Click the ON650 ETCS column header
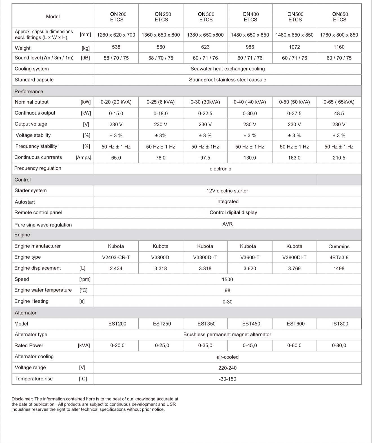pyautogui.click(x=340, y=17)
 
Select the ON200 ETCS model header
pyautogui.click(x=117, y=17)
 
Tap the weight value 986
pyautogui.click(x=250, y=47)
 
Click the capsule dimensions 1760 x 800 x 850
pyautogui.click(x=339, y=35)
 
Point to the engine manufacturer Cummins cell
pyautogui.click(x=339, y=247)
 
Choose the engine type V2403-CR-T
pyautogui.click(x=116, y=257)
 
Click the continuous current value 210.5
pyautogui.click(x=339, y=158)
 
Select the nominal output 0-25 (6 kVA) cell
pyautogui.click(x=161, y=102)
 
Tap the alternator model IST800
pyautogui.click(x=340, y=324)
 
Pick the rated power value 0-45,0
pyautogui.click(x=250, y=345)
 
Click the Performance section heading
pyautogui.click(x=29, y=92)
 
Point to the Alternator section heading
pyautogui.click(x=26, y=313)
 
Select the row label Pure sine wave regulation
pyautogui.click(x=43, y=225)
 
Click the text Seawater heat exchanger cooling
pyautogui.click(x=228, y=69)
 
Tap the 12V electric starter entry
pyautogui.click(x=227, y=191)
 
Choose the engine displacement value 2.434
pyautogui.click(x=116, y=269)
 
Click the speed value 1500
pyautogui.click(x=227, y=280)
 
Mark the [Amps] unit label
pyautogui.click(x=83, y=158)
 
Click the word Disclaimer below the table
pyautogui.click(x=22, y=399)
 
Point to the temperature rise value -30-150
pyautogui.click(x=227, y=379)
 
